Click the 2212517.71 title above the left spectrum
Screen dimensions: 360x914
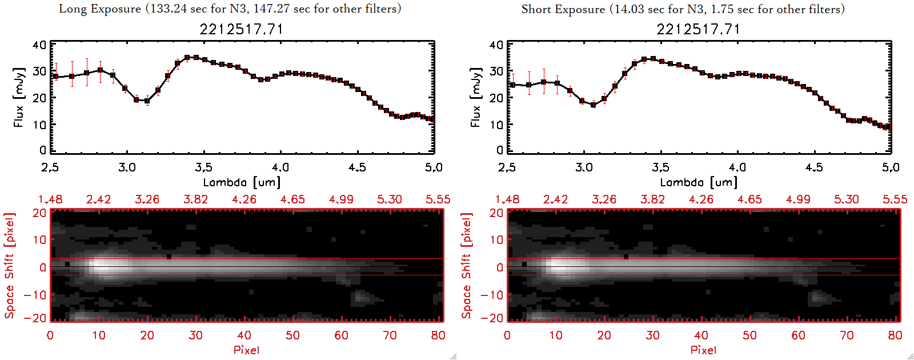pos(241,29)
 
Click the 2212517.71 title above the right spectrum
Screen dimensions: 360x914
pos(698,29)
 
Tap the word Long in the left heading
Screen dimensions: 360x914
pos(71,9)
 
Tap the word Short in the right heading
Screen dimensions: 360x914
pos(536,9)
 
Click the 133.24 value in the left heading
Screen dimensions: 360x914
pos(170,9)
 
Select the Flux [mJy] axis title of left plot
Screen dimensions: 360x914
pos(19,97)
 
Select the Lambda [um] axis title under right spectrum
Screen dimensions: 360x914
pos(699,182)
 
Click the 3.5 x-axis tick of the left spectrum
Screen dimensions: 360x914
pos(204,167)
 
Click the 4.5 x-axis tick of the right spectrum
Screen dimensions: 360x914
pos(814,167)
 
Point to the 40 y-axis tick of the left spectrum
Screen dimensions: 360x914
pos(39,45)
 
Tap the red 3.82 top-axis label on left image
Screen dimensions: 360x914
pos(195,199)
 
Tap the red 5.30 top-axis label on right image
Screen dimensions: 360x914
pos(846,199)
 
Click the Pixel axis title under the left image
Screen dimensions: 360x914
pos(246,350)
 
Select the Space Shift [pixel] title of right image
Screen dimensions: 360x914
pos(467,266)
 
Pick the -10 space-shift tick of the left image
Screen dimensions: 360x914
pos(35,295)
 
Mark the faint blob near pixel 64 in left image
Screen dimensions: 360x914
pos(360,296)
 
